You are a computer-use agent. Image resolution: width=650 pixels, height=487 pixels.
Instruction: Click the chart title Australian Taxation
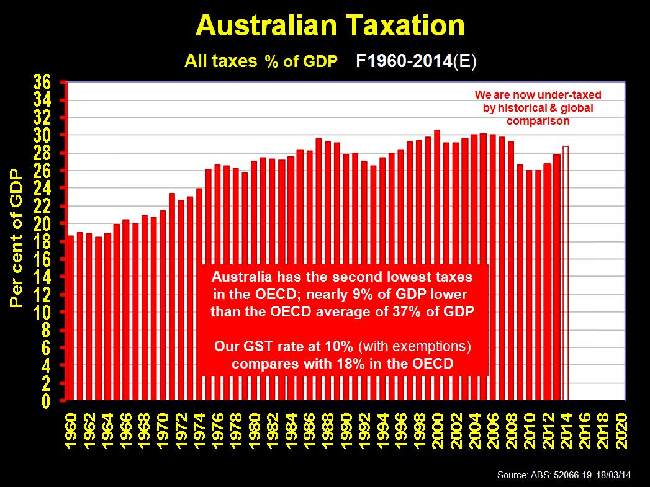pyautogui.click(x=330, y=25)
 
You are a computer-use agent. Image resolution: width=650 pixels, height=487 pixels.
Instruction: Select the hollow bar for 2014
pyautogui.click(x=565, y=273)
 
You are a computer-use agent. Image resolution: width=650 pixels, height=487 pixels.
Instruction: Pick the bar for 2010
pyautogui.click(x=528, y=285)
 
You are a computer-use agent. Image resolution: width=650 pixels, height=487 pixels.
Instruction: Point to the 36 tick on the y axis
pyautogui.click(x=43, y=82)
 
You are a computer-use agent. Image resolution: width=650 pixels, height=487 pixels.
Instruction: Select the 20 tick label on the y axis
pyautogui.click(x=43, y=224)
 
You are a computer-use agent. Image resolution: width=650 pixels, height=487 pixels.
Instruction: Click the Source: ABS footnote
pyautogui.click(x=563, y=475)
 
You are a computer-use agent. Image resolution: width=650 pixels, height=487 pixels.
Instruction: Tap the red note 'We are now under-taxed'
pyautogui.click(x=538, y=95)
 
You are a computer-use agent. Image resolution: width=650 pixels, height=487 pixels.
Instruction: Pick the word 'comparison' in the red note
pyautogui.click(x=538, y=121)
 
